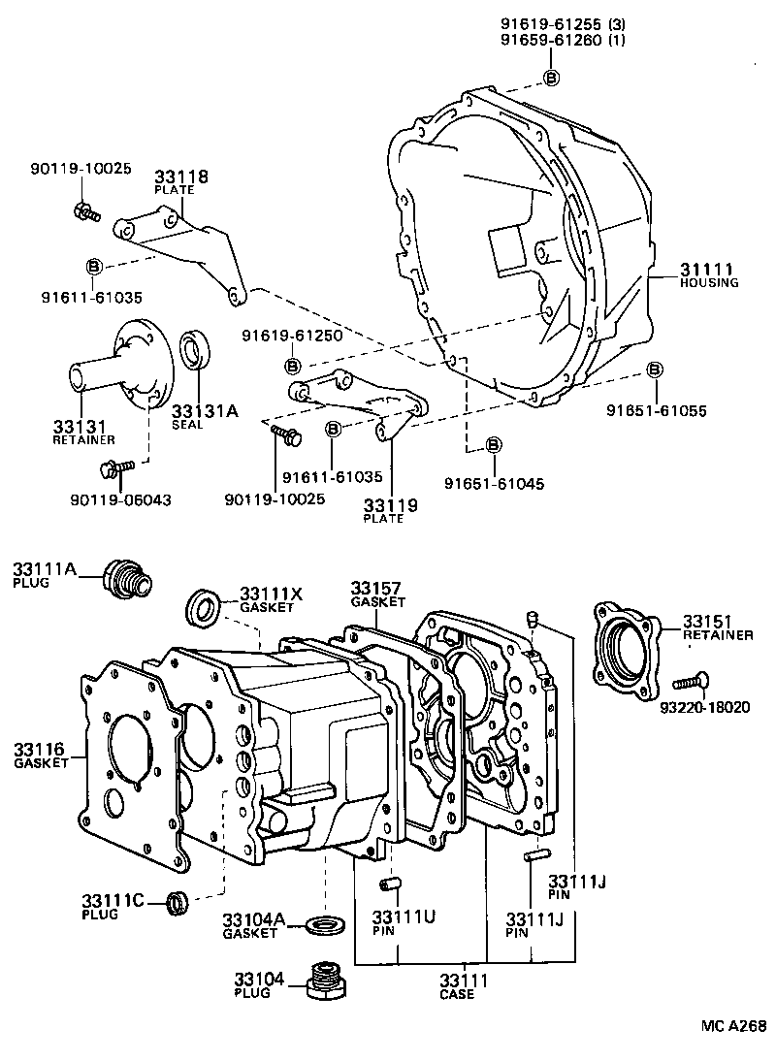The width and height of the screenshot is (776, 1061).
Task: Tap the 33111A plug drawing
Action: (x=127, y=578)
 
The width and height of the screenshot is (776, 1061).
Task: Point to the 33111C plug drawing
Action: (x=178, y=903)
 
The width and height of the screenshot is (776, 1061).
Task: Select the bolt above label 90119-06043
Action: (x=113, y=471)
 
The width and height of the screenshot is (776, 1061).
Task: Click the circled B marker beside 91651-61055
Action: (x=655, y=370)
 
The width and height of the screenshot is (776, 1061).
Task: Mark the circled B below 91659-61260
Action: (x=550, y=78)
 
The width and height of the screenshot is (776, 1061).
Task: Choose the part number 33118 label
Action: (x=181, y=177)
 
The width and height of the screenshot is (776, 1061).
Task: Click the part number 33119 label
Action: (x=391, y=504)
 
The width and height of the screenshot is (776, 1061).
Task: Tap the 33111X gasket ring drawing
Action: (x=203, y=608)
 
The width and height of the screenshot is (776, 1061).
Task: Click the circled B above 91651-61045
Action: (x=493, y=444)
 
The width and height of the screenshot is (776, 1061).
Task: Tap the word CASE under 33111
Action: (x=456, y=995)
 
